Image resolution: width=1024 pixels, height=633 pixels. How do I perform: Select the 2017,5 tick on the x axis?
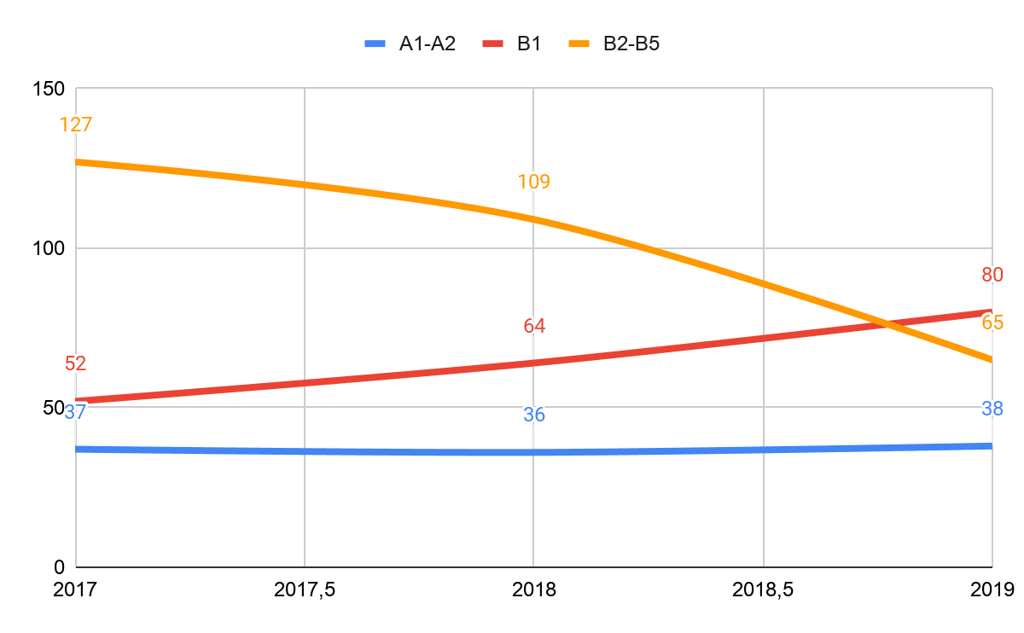point(305,589)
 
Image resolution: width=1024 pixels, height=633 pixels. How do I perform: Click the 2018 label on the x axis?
point(533,589)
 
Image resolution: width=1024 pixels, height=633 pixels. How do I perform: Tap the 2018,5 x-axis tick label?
point(763,589)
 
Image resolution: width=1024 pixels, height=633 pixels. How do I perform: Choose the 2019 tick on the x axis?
point(992,589)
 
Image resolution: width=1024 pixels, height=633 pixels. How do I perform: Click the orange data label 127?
point(75,125)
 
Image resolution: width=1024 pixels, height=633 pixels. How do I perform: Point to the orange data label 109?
point(533,182)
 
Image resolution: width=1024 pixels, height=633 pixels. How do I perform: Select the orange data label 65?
point(992,322)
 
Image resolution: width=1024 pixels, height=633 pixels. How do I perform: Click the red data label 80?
point(992,275)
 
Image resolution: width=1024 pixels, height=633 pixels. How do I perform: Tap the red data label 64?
point(534,326)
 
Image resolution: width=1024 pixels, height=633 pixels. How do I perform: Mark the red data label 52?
point(75,363)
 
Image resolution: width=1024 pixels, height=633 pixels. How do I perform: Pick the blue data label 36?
point(534,415)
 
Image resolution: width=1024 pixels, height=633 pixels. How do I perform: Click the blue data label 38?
point(992,409)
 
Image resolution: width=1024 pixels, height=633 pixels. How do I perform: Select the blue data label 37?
point(76,412)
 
